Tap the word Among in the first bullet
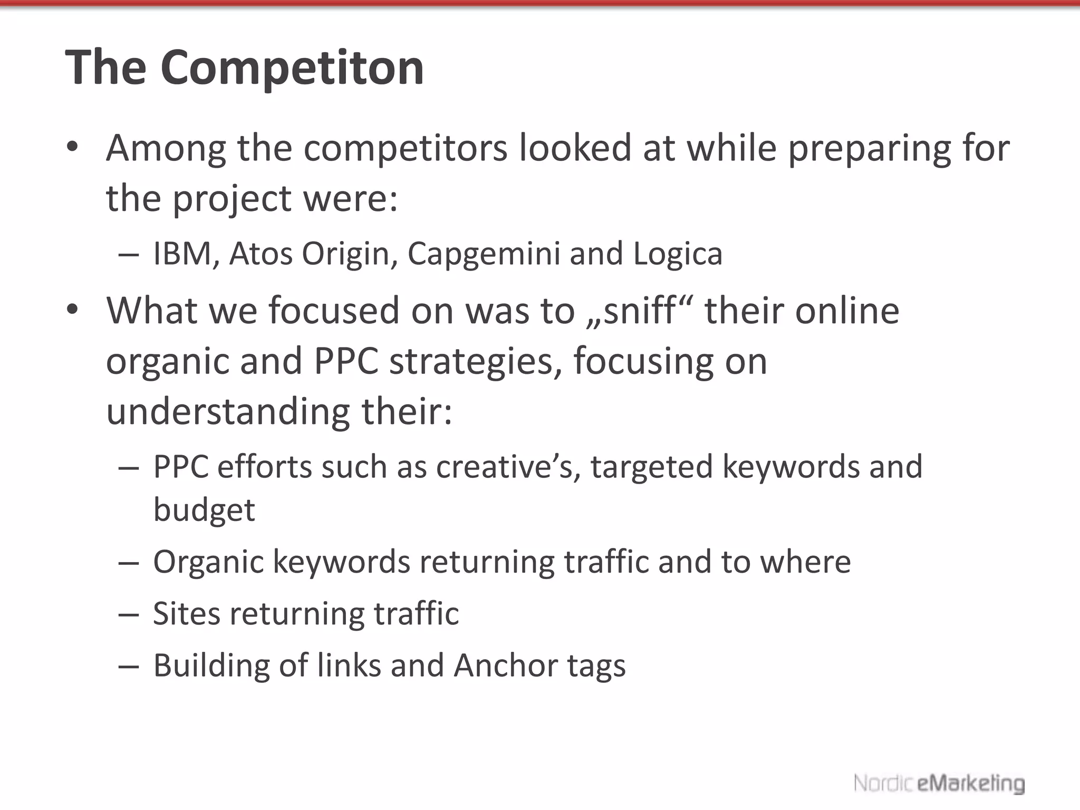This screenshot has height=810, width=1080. point(166,148)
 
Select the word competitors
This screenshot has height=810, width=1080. point(405,148)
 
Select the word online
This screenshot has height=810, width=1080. point(847,311)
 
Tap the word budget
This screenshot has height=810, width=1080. point(204,510)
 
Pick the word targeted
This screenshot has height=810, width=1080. point(652,468)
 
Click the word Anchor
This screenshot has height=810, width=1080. point(505,666)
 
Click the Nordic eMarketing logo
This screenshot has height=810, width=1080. point(939,784)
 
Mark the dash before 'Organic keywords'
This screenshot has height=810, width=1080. point(129,563)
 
